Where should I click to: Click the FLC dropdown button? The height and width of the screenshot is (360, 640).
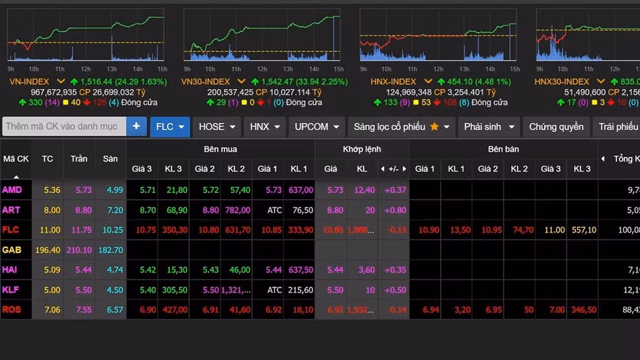(x=170, y=127)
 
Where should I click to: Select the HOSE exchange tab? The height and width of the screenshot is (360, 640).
(x=217, y=127)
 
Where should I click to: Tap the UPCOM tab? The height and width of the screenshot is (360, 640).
(x=316, y=127)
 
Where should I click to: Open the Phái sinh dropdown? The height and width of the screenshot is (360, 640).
(x=489, y=127)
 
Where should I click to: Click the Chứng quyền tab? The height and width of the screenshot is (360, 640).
(x=556, y=127)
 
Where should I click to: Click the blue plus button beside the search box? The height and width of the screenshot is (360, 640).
(x=136, y=127)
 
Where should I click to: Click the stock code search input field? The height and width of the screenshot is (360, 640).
(x=64, y=127)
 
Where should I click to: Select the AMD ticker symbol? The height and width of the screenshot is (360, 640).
(x=12, y=190)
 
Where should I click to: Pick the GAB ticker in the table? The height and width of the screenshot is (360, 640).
(x=12, y=250)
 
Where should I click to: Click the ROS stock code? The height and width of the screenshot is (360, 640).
(x=12, y=309)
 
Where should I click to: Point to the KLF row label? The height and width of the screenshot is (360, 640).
(x=11, y=290)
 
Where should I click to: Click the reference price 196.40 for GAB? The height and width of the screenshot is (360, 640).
(x=48, y=250)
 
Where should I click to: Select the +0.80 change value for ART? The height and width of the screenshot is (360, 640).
(x=395, y=210)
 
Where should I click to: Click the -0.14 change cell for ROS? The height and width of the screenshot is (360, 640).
(x=395, y=309)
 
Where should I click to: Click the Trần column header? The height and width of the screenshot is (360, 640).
(x=79, y=159)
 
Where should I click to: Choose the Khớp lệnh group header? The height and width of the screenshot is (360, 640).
(x=362, y=149)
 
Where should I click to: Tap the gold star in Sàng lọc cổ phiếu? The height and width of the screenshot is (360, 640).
(x=434, y=127)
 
